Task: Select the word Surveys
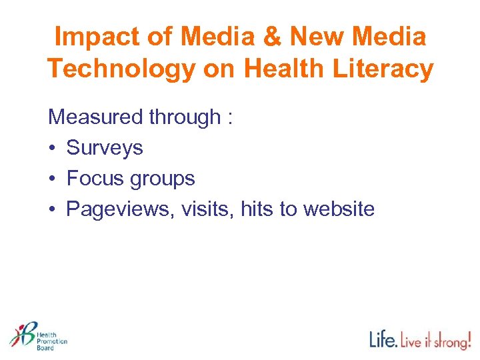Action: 105,148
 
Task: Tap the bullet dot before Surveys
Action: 52,148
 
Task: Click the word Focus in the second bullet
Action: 94,179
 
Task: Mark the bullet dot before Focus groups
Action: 52,179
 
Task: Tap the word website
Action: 339,209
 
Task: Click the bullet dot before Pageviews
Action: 52,209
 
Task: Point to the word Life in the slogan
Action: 383,339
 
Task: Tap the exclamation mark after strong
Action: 468,339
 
